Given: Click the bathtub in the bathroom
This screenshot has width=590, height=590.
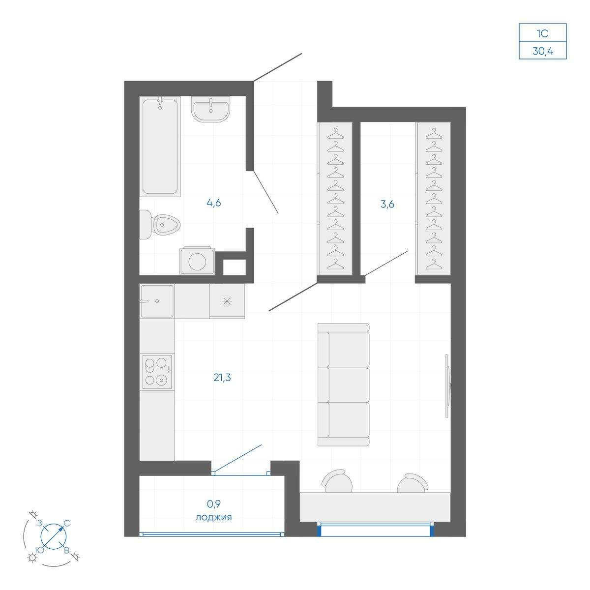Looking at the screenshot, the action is coord(160,147).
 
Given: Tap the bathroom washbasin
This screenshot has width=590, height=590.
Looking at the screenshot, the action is coord(210,109).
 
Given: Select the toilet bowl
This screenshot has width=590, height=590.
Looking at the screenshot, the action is coord(160,224).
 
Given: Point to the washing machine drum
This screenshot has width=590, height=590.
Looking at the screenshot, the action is coord(197,262).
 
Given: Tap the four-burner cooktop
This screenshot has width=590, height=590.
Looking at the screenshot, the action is coord(157,372).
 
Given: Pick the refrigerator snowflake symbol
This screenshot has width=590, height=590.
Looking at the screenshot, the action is coord(227,301).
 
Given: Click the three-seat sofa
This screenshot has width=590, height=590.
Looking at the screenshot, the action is coord(344,384).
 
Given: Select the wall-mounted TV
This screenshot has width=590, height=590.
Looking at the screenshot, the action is coord(447,386).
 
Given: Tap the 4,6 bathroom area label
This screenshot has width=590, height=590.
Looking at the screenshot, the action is coord(214,203).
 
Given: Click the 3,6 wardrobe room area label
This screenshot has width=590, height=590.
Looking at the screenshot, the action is coord(387,204).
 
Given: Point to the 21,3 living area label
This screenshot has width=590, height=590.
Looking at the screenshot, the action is coord(222,378).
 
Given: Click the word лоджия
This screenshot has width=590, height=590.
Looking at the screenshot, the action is coord(213,517).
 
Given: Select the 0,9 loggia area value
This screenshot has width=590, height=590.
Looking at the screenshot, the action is coord(214,503).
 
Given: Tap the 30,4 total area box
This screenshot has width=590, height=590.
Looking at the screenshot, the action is coord(542,50).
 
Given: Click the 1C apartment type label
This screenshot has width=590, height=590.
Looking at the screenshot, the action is coord(542,33).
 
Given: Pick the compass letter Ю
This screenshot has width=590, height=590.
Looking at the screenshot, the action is coord(39,550).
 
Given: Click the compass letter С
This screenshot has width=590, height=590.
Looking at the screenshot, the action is coord(67,523).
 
